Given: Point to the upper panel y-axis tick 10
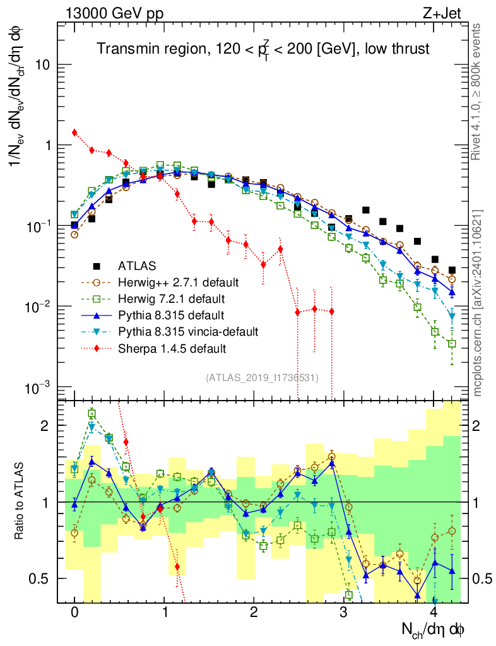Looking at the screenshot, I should (44, 64).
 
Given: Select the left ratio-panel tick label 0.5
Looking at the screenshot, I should (42, 578).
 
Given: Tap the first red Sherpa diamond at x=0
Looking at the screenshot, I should (74, 132).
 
